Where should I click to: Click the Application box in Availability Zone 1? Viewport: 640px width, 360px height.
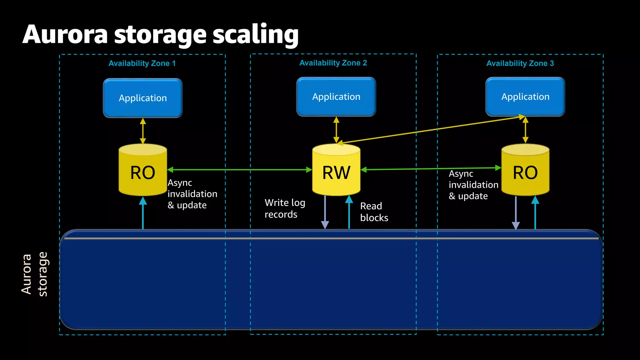[x=143, y=98]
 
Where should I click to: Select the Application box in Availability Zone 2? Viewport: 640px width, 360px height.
[x=336, y=97]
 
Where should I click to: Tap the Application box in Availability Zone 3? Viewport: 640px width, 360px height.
[x=525, y=97]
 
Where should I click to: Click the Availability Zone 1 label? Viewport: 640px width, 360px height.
[x=142, y=63]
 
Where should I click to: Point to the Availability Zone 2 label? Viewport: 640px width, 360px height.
[x=333, y=63]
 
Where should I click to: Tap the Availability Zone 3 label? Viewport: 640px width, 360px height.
[x=520, y=63]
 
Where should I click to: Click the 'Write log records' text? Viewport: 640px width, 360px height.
[x=285, y=208]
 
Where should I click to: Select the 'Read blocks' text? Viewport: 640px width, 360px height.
[x=374, y=212]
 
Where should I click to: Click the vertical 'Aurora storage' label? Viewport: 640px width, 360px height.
[x=34, y=274]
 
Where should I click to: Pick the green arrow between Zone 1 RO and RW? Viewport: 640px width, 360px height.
[x=239, y=170]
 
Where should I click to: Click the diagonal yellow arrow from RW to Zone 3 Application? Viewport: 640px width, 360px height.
[x=431, y=130]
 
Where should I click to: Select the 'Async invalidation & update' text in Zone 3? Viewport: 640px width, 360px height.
[x=473, y=185]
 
